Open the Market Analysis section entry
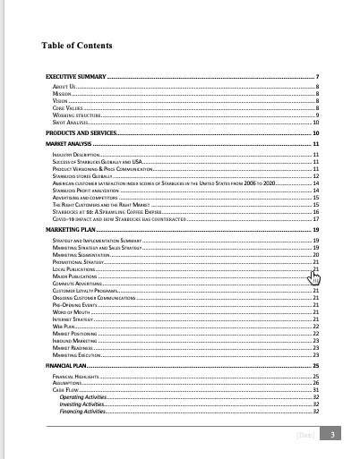[69, 143]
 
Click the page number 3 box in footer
[332, 435]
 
